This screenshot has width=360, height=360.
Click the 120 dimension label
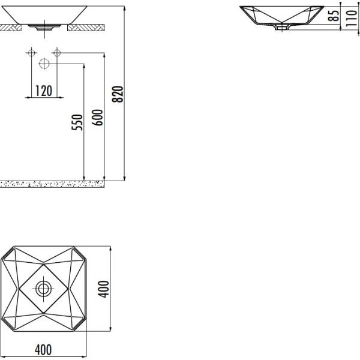click(43, 91)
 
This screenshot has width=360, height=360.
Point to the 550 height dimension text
click(76, 122)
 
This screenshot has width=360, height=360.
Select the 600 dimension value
click(99, 116)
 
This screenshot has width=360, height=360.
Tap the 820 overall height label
click(119, 94)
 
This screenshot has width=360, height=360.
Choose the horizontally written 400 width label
click(43, 349)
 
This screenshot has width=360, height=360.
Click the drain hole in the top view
click(44, 289)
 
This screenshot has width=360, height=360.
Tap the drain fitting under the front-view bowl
click(44, 26)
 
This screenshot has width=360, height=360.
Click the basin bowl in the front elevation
click(44, 15)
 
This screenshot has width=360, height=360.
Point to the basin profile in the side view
click(280, 16)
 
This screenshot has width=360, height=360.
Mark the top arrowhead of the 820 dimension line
click(124, 8)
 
